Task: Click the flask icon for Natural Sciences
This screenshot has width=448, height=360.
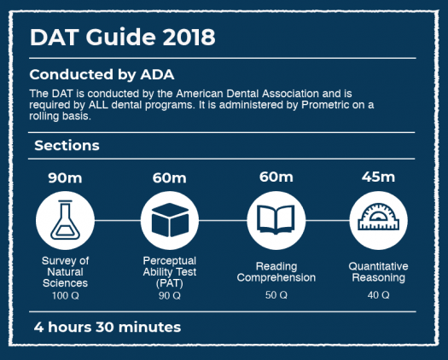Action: tap(65, 220)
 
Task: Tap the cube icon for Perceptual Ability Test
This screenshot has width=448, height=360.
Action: tap(170, 220)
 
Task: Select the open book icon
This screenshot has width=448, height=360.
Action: tap(276, 219)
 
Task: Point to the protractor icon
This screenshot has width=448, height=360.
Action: tap(378, 217)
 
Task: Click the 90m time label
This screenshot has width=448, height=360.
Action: tap(65, 177)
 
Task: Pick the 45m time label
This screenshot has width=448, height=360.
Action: tap(378, 177)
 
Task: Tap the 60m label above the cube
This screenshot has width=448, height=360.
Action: tap(170, 177)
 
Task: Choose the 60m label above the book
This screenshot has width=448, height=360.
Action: tap(276, 177)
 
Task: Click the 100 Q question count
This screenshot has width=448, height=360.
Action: tap(66, 295)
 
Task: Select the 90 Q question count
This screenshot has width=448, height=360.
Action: tap(170, 295)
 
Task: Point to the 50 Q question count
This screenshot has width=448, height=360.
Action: tap(276, 295)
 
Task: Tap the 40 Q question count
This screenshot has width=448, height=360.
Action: tap(379, 295)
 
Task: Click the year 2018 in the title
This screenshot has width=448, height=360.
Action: tap(189, 38)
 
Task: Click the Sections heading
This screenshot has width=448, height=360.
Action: tap(67, 145)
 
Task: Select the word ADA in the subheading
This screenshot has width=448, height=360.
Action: tap(157, 74)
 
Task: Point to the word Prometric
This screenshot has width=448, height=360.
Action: tap(325, 105)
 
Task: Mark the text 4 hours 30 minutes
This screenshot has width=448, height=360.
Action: tap(108, 327)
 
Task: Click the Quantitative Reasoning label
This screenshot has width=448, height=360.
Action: tap(378, 272)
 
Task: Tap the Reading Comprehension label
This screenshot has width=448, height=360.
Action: tap(276, 272)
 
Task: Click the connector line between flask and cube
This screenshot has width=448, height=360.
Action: tap(118, 220)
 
